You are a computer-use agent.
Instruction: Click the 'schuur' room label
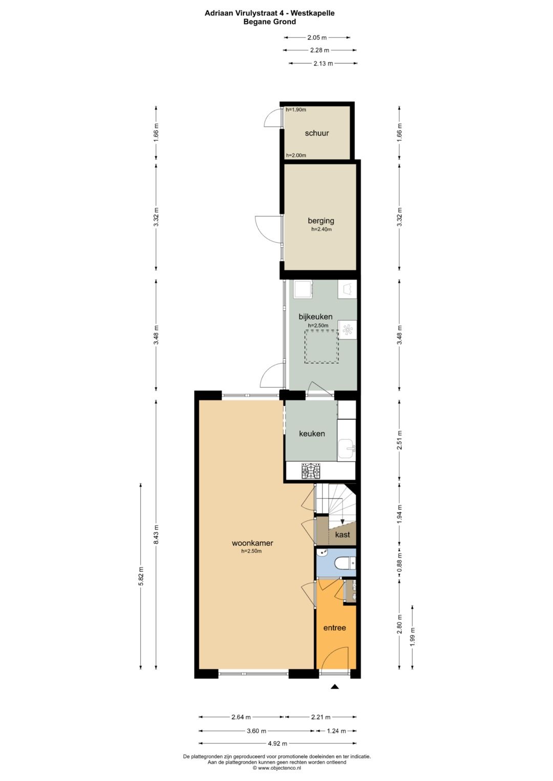point(316,133)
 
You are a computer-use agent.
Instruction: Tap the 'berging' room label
point(321,221)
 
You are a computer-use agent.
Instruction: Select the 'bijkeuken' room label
point(315,317)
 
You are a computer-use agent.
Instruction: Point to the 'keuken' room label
point(312,433)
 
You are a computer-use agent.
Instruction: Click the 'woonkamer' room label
point(252,543)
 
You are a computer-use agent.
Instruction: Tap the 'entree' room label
point(334,628)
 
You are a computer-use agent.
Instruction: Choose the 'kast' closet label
point(342,534)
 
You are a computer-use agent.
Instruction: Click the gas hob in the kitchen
point(311,471)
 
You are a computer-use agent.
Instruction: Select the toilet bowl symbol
point(344,564)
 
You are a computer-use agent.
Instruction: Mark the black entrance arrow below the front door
point(335,687)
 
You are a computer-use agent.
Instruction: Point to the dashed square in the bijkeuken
point(322,347)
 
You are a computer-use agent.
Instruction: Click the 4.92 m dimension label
point(277,744)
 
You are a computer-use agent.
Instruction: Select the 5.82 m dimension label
point(141,576)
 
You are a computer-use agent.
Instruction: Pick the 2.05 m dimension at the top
point(317,37)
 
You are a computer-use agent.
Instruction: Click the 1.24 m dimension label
point(336,731)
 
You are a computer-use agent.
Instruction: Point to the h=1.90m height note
point(296,109)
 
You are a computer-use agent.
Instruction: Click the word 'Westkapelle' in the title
point(313,13)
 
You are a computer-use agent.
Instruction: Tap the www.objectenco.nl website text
point(279,768)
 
